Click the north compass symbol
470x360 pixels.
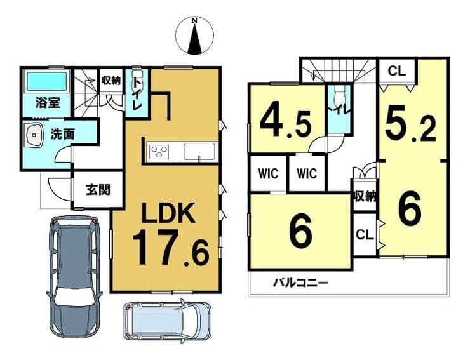click(194, 36)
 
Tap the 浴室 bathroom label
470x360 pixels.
click(48, 102)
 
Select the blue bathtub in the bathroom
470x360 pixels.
click(47, 81)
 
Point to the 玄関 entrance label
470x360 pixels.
click(98, 190)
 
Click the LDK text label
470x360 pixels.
click(169, 213)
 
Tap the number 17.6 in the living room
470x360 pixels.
click(170, 248)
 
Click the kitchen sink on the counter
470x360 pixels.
click(199, 151)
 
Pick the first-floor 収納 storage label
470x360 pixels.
click(111, 81)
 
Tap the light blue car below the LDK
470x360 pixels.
click(168, 320)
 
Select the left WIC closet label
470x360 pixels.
click(268, 173)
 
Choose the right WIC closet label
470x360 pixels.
click(307, 173)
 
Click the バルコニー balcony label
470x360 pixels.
click(300, 283)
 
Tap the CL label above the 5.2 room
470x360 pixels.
click(396, 71)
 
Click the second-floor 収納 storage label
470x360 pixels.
click(365, 196)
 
